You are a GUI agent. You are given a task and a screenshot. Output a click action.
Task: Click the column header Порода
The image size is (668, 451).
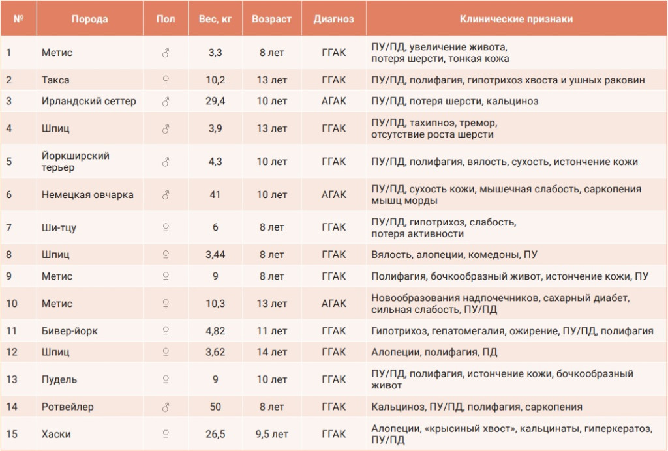point(89,19)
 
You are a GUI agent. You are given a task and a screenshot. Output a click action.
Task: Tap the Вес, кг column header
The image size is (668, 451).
point(215,19)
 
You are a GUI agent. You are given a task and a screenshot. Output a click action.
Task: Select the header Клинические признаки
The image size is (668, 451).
point(517,19)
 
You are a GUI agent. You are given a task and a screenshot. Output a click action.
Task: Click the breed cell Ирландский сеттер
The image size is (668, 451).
point(89,101)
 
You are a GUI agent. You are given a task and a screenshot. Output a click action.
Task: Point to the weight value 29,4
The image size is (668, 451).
point(215,101)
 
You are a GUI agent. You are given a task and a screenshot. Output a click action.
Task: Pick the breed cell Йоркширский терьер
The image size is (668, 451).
point(76,162)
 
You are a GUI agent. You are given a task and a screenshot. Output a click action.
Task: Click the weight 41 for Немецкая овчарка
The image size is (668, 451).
point(215,194)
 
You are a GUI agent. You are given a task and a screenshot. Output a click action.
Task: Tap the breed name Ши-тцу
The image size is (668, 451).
point(59,227)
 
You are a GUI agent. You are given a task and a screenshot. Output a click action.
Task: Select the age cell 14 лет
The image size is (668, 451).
point(272,353)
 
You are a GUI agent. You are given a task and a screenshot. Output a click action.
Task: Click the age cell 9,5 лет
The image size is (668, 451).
point(272,434)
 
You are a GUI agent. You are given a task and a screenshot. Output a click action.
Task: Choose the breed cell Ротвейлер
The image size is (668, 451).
point(67,407)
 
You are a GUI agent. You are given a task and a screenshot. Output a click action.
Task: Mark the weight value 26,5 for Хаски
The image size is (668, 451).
point(215,434)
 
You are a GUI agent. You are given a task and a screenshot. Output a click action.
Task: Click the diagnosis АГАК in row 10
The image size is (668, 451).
point(333,303)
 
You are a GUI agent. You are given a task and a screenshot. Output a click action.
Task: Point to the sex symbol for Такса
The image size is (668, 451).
point(166,80)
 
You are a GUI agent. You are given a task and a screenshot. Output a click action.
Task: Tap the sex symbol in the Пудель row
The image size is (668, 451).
point(166,379)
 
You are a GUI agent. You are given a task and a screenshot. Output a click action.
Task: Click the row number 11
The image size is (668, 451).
point(12,331)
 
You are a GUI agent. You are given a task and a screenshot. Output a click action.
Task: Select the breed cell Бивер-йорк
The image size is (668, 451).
point(69,331)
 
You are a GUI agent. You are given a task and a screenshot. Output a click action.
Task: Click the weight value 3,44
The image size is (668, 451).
point(215,254)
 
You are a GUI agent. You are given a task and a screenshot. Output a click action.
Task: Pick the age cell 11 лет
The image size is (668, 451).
point(272,331)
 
